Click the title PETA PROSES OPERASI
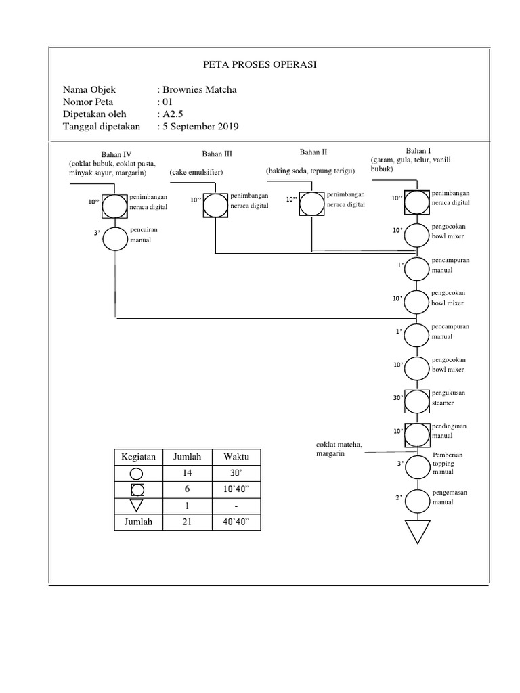[260, 65]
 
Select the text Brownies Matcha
[200, 89]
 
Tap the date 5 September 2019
[200, 126]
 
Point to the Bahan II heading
[313, 152]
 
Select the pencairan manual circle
[116, 238]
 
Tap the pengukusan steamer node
[417, 397]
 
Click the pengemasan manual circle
[417, 501]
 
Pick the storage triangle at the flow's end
[417, 531]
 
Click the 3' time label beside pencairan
[97, 233]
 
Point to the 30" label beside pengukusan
[398, 398]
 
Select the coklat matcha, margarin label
[339, 449]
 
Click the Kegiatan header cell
[138, 457]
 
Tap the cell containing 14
[188, 473]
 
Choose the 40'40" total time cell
[236, 522]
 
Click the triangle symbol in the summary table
[137, 505]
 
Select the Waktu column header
[236, 457]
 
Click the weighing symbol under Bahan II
[311, 204]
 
